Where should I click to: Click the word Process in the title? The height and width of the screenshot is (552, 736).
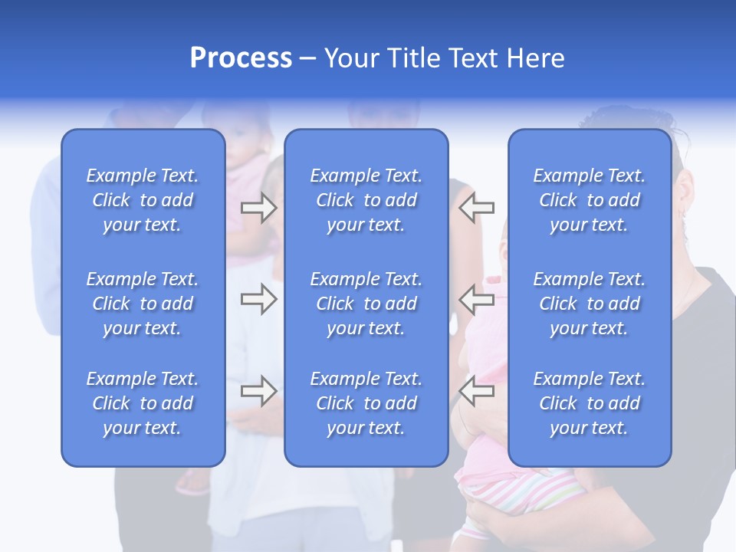click(241, 58)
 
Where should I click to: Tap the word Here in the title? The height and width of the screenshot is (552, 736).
click(534, 58)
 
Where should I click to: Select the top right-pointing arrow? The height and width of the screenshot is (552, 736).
click(258, 208)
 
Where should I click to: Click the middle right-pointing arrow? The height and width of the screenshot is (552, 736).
click(258, 299)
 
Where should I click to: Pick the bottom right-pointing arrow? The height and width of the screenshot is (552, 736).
click(258, 390)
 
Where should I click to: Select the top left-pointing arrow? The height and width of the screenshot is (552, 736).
click(477, 208)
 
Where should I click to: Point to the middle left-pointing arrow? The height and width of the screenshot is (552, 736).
click(477, 299)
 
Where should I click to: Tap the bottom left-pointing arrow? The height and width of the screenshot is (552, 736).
click(477, 390)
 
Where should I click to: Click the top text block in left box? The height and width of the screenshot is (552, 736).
click(143, 200)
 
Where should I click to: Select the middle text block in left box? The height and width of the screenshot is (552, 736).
click(143, 304)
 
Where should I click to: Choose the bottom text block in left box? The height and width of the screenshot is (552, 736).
click(143, 403)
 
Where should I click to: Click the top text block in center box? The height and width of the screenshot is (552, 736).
click(366, 200)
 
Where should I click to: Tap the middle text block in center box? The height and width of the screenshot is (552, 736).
click(366, 304)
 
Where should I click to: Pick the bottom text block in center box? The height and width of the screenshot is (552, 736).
click(366, 403)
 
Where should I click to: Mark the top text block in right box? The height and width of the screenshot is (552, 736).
click(590, 200)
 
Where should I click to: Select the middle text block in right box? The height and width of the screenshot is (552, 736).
click(590, 304)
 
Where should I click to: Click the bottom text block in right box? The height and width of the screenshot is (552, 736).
click(590, 403)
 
